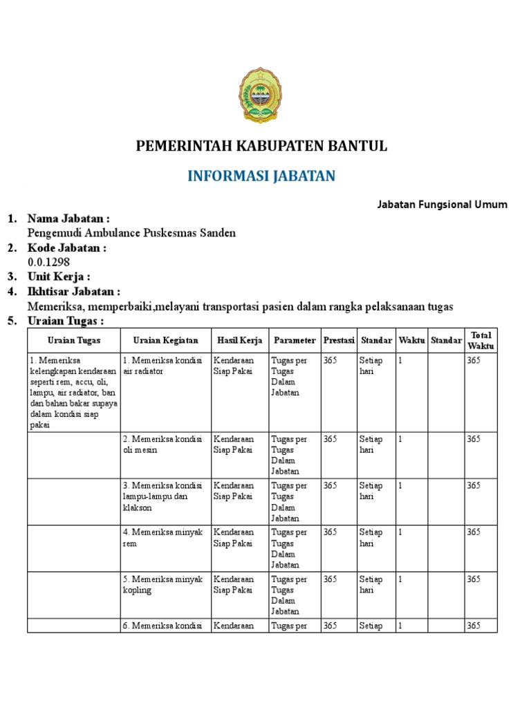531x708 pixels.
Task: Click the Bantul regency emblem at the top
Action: (x=261, y=95)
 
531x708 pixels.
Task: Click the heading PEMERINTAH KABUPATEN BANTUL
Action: (x=261, y=146)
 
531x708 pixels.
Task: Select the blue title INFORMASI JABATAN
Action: (x=261, y=176)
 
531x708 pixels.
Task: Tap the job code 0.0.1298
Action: (x=48, y=262)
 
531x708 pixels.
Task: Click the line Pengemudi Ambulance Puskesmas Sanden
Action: (x=131, y=233)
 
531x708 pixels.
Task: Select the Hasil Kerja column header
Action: (x=240, y=340)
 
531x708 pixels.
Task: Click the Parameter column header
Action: (x=295, y=340)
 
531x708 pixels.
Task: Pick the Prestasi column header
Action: (x=339, y=340)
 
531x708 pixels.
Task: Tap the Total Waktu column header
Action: (x=481, y=340)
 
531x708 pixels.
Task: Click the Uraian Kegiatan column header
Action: (x=165, y=340)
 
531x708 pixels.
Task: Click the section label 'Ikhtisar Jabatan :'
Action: (x=74, y=292)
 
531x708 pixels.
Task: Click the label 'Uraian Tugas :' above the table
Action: (x=65, y=322)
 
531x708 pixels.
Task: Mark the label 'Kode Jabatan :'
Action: (x=66, y=248)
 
